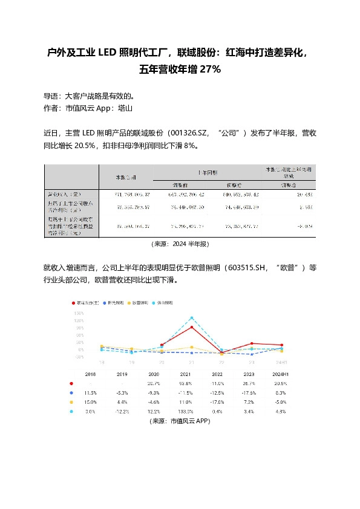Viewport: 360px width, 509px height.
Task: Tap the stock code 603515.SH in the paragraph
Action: click(246, 268)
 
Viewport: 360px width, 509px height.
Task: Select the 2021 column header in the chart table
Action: click(191, 375)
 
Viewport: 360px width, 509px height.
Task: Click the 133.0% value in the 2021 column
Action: click(191, 412)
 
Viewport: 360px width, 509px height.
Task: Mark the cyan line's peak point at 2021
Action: click(192, 317)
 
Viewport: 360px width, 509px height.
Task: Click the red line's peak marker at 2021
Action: click(192, 327)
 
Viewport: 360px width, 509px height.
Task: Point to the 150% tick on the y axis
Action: click(79, 314)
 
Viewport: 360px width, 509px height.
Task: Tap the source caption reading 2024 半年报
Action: click(180, 244)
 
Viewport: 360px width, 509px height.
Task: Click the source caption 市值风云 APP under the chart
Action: click(180, 421)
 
